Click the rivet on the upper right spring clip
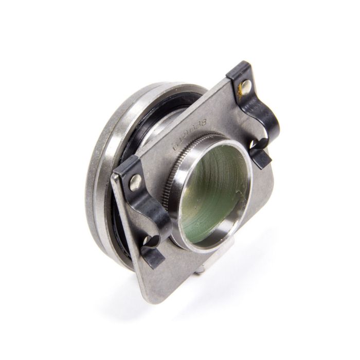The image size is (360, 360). (245, 86)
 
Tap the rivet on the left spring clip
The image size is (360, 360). (135, 181)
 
